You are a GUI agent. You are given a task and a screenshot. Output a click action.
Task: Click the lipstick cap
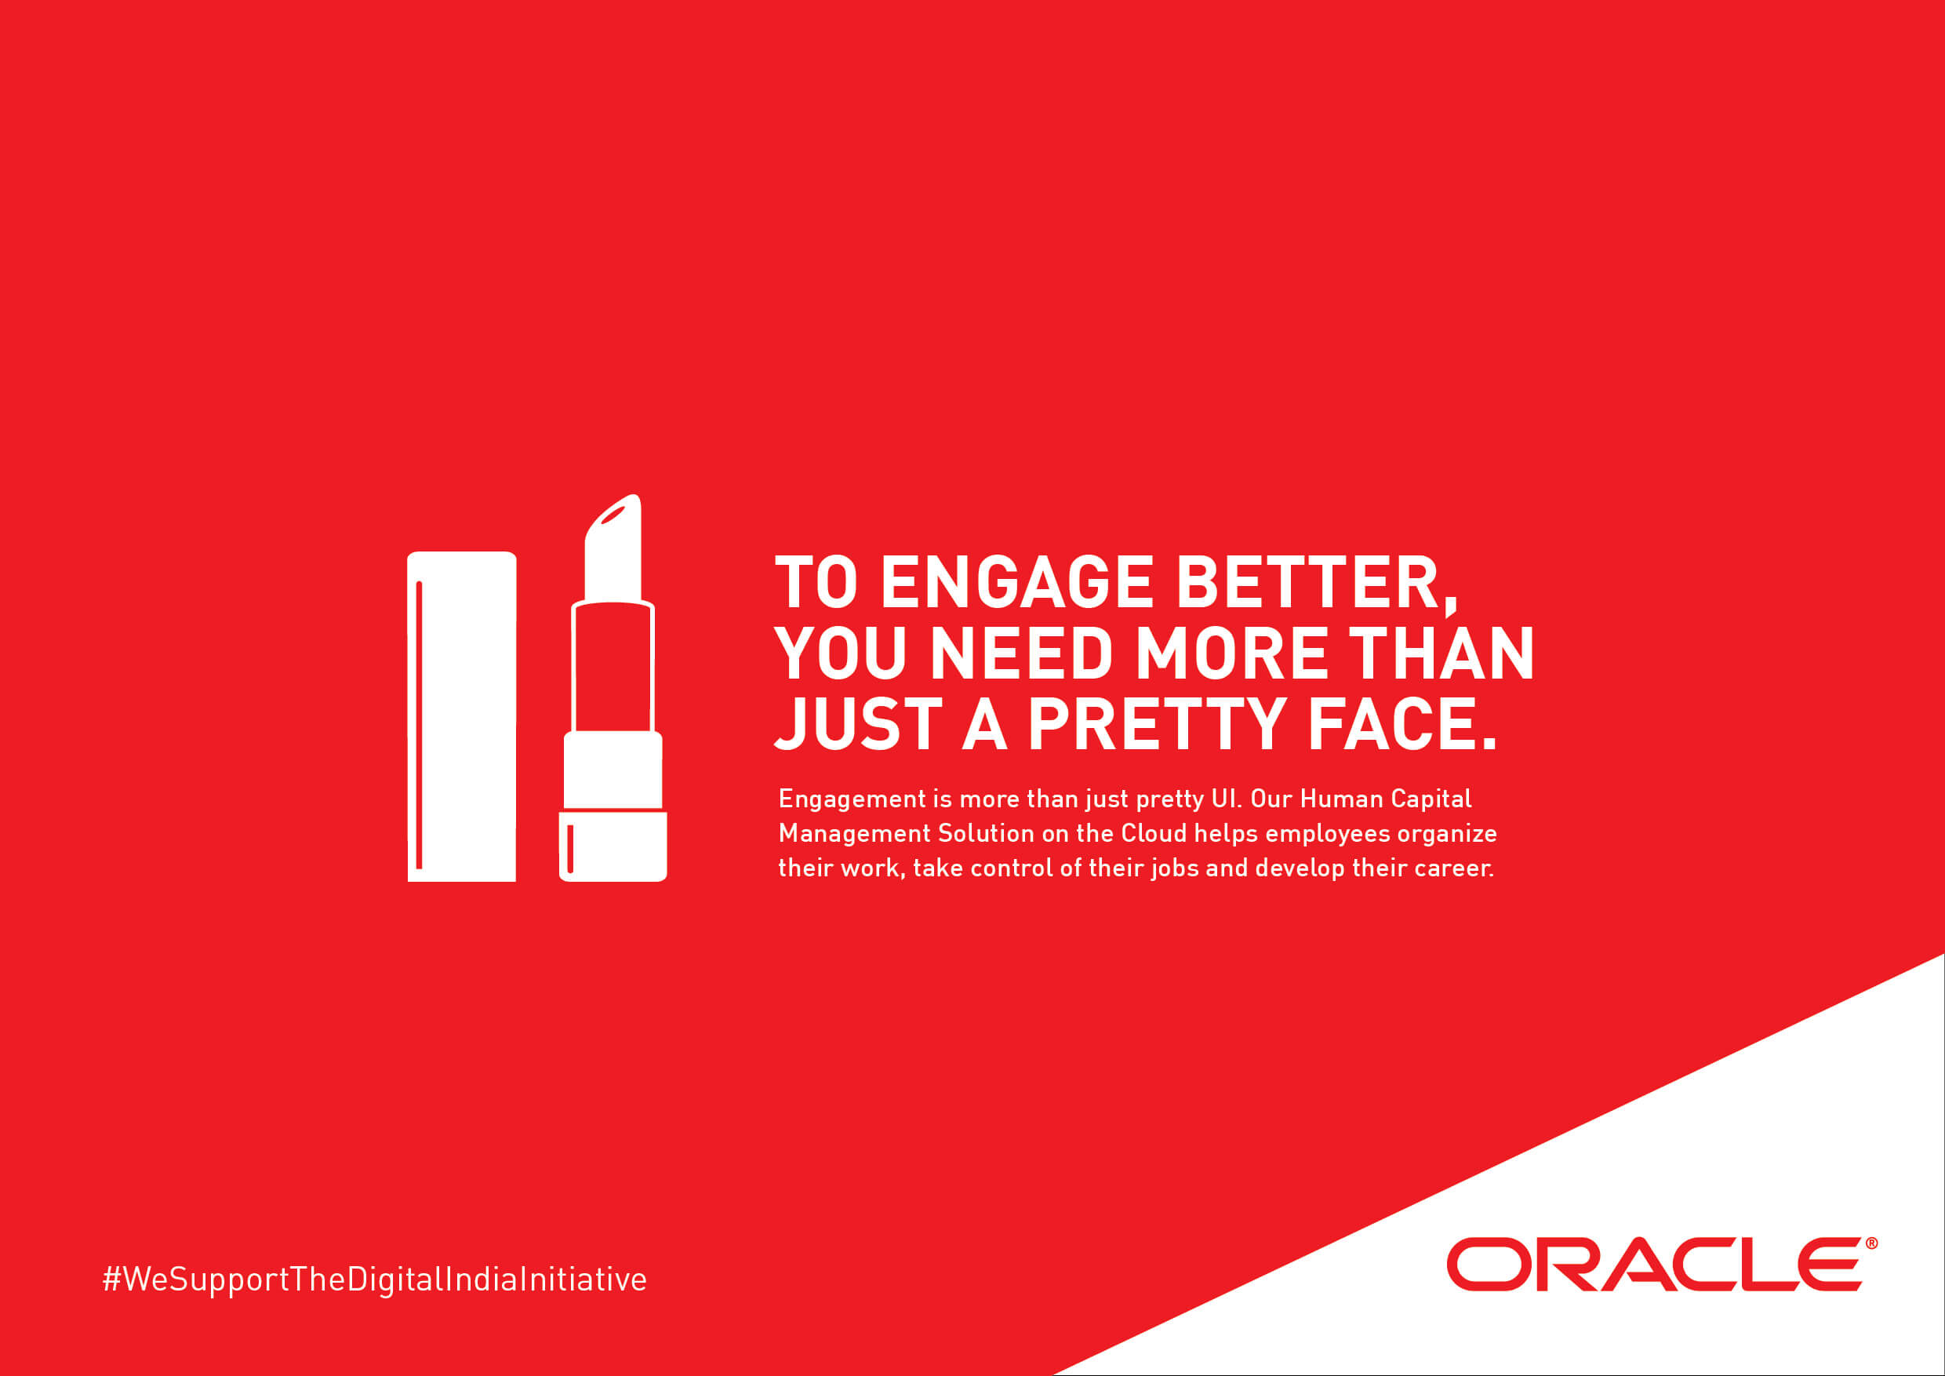(x=462, y=717)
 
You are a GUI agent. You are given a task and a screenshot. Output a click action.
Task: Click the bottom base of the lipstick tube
(x=613, y=846)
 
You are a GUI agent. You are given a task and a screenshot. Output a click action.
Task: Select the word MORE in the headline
(x=1232, y=653)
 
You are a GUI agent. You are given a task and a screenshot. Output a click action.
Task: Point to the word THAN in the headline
(x=1441, y=653)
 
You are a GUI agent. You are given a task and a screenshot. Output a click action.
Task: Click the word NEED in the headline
(x=1022, y=653)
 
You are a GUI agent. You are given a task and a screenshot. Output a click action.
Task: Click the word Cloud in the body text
(x=1154, y=833)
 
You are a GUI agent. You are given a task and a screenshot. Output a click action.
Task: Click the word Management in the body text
(x=855, y=834)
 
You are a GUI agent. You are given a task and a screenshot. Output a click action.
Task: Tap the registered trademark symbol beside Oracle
(x=1871, y=1243)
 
